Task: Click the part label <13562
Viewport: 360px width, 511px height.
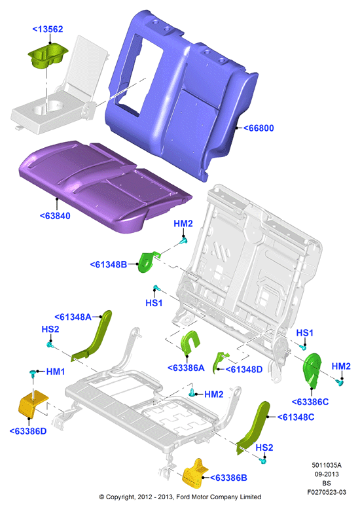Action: coord(48,29)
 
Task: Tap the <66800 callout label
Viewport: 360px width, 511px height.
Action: coord(259,128)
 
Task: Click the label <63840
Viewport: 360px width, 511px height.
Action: coord(55,216)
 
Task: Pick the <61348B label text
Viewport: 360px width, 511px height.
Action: coord(109,264)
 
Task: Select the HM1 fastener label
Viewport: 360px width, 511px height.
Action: coord(56,372)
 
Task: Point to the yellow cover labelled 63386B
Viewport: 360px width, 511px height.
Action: coord(194,474)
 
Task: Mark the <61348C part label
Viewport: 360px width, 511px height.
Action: coord(296,417)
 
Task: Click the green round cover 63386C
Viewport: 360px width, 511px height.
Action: coord(312,370)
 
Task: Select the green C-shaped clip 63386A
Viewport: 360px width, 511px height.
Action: coord(189,343)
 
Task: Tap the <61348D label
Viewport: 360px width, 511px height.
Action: coord(244,369)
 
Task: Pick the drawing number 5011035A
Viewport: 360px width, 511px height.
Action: coord(327,465)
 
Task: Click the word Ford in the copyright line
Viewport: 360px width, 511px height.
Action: coord(184,497)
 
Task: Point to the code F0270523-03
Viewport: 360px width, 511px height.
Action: coord(327,492)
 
